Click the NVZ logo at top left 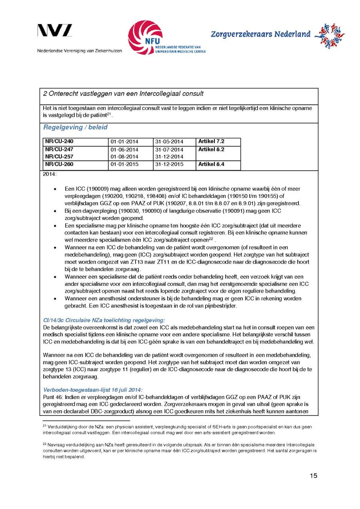[55, 31]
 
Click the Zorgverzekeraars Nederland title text [260, 34]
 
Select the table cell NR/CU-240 [59, 142]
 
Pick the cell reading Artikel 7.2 [211, 142]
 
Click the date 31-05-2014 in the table [169, 142]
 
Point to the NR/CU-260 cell [59, 164]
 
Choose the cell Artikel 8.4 [211, 164]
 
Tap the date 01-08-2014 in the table [124, 157]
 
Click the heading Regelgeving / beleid [75, 128]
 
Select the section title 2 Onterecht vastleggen [123, 94]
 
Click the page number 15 [313, 476]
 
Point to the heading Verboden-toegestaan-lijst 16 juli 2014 [93, 390]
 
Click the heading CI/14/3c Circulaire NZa [104, 320]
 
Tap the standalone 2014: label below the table [50, 174]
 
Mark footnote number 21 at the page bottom [44, 426]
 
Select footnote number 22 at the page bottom [44, 444]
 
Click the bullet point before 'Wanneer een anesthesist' [54, 299]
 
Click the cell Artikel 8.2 [211, 149]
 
